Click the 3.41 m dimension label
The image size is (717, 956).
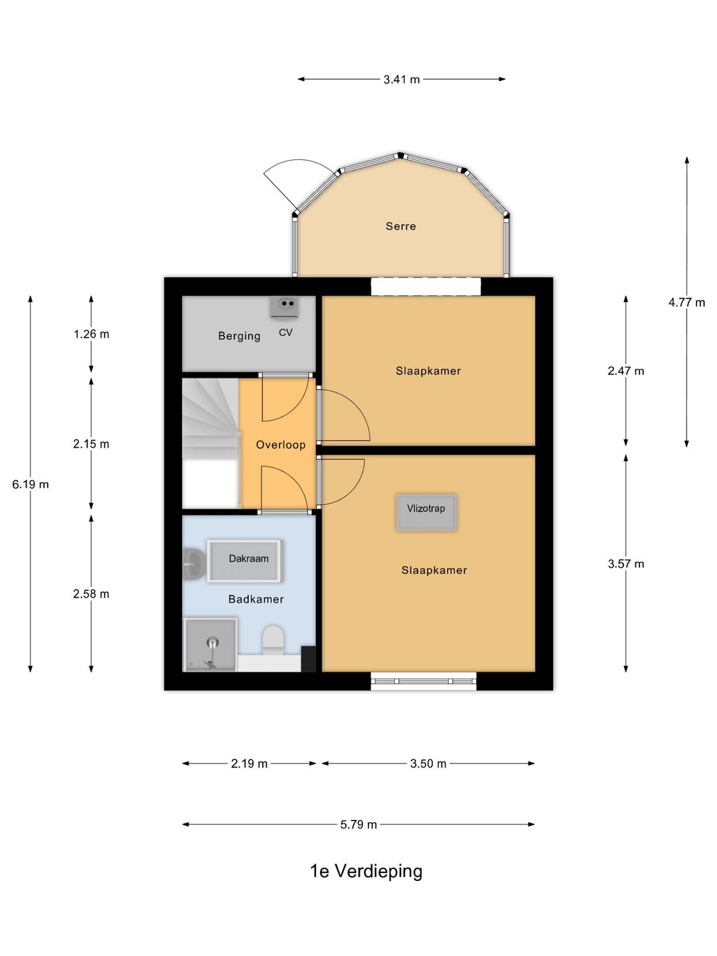(x=402, y=79)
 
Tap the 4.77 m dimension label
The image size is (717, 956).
(x=686, y=302)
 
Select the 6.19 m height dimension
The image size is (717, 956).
(x=31, y=484)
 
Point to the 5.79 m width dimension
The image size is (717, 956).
(x=358, y=825)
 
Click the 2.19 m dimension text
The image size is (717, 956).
(x=249, y=763)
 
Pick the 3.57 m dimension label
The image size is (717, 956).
(x=625, y=564)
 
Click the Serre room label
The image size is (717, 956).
(x=400, y=226)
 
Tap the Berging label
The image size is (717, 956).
(x=239, y=336)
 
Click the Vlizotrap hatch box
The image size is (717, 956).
(x=426, y=512)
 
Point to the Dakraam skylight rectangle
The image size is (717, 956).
(x=245, y=560)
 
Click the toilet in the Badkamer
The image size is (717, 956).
(x=274, y=640)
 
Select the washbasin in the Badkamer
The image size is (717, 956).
(x=193, y=564)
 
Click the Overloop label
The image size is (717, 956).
(x=280, y=445)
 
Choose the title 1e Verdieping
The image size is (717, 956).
(x=366, y=871)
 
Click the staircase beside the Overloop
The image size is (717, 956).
(x=210, y=443)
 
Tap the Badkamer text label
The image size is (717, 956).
(x=256, y=599)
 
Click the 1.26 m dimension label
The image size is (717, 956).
(x=91, y=334)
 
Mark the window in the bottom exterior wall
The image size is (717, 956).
(x=424, y=681)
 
